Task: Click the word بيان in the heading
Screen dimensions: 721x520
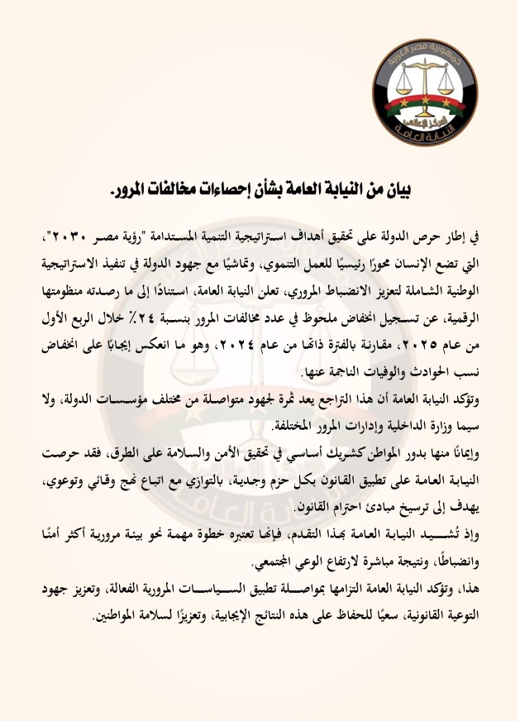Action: [x=394, y=190]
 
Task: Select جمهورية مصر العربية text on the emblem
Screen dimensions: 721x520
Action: [x=423, y=59]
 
